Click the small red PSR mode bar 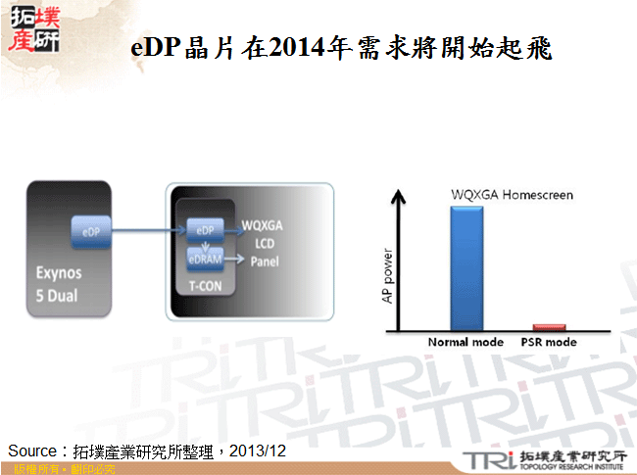pyautogui.click(x=549, y=327)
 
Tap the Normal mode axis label pyautogui.click(x=465, y=343)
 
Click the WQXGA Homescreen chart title pyautogui.click(x=512, y=195)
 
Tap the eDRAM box pyautogui.click(x=206, y=259)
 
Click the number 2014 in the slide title pyautogui.click(x=298, y=49)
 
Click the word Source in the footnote pyautogui.click(x=34, y=451)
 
